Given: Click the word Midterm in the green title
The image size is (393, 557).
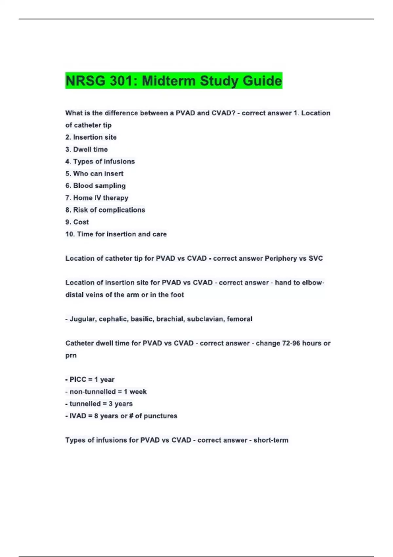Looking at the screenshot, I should click(169, 81).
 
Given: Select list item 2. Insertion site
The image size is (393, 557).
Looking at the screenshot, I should click(91, 137).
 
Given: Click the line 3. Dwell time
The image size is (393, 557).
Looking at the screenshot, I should click(86, 149).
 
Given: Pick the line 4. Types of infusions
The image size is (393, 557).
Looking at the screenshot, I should click(100, 162).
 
